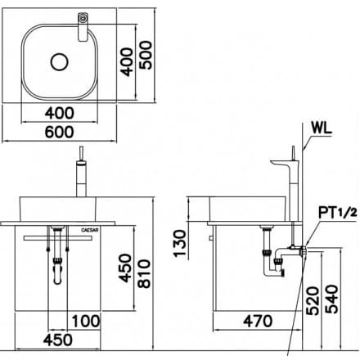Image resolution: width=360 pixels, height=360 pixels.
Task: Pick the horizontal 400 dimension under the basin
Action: tap(65, 111)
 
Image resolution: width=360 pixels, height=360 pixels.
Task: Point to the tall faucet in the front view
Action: tap(82, 176)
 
